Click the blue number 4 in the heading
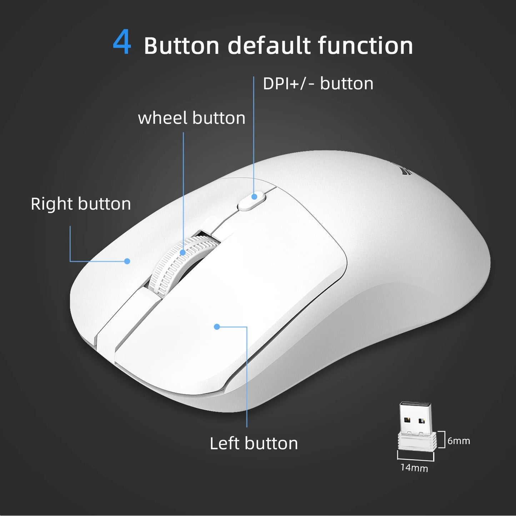(x=122, y=42)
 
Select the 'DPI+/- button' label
(x=318, y=84)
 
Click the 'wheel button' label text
(x=191, y=118)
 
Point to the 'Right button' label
(x=81, y=204)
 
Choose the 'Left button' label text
(x=254, y=444)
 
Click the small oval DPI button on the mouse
(x=252, y=201)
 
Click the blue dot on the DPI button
(x=254, y=196)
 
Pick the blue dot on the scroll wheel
(x=183, y=252)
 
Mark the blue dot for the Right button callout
(x=127, y=261)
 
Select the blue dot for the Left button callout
(x=217, y=326)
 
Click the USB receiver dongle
(x=416, y=427)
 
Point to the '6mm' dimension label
(x=459, y=441)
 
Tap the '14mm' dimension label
(x=414, y=467)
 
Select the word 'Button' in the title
(x=181, y=46)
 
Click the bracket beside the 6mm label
(x=443, y=440)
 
